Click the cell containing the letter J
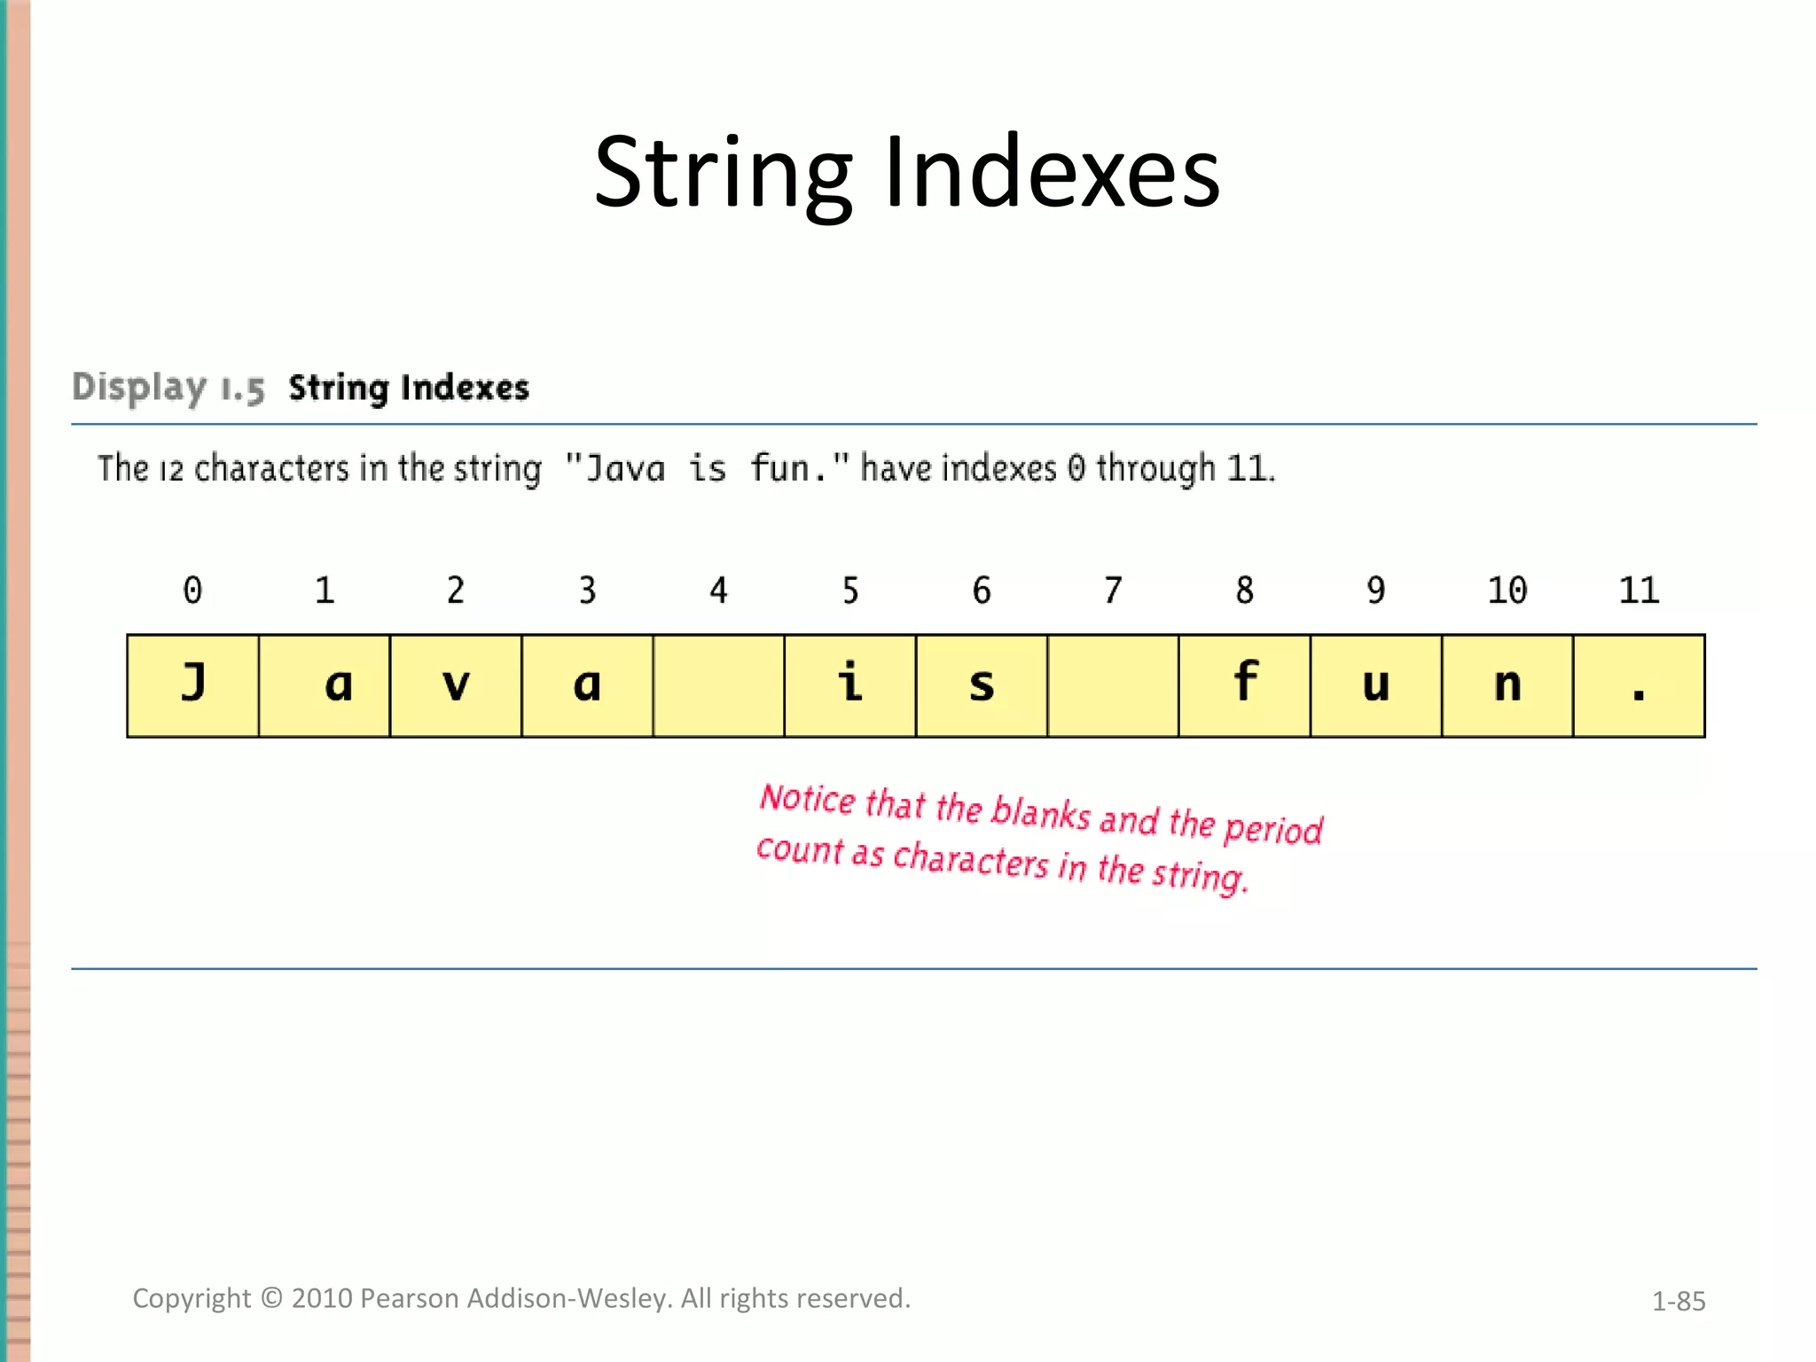tap(193, 685)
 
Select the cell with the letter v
tap(456, 685)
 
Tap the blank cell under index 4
tap(719, 685)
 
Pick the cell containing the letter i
tap(850, 685)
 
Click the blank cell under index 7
tap(1113, 685)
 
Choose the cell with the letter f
tap(1245, 685)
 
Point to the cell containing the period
tap(1639, 685)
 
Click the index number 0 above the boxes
tap(192, 591)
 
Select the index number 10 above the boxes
tap(1507, 591)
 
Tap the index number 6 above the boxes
tap(982, 591)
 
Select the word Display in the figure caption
tap(139, 387)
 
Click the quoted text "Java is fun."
tap(707, 468)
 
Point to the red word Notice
tap(808, 799)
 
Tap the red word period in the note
tap(1273, 828)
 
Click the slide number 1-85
tap(1678, 1302)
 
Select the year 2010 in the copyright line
tap(322, 1298)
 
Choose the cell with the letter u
tap(1376, 685)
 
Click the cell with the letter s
tap(982, 685)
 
